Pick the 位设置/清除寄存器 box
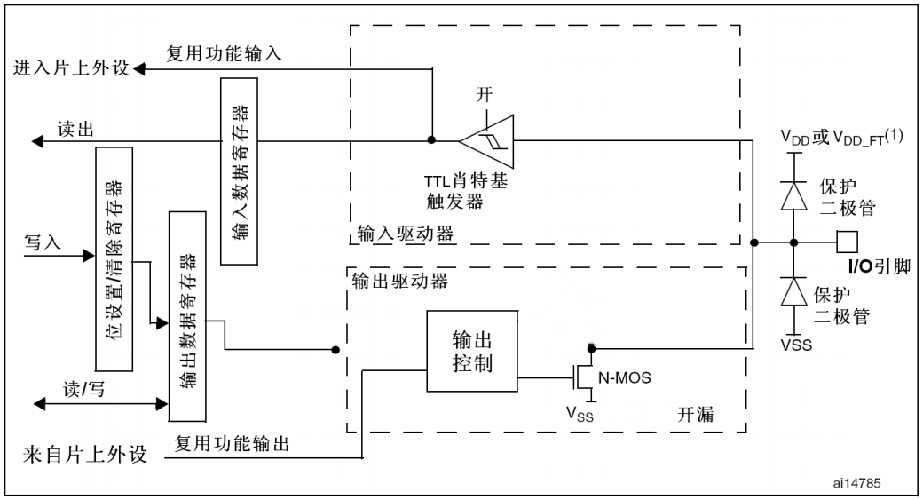113,258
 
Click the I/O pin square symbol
846,242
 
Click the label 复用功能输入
224,53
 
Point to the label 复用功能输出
232,441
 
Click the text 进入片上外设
67,68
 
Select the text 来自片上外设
83,457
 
